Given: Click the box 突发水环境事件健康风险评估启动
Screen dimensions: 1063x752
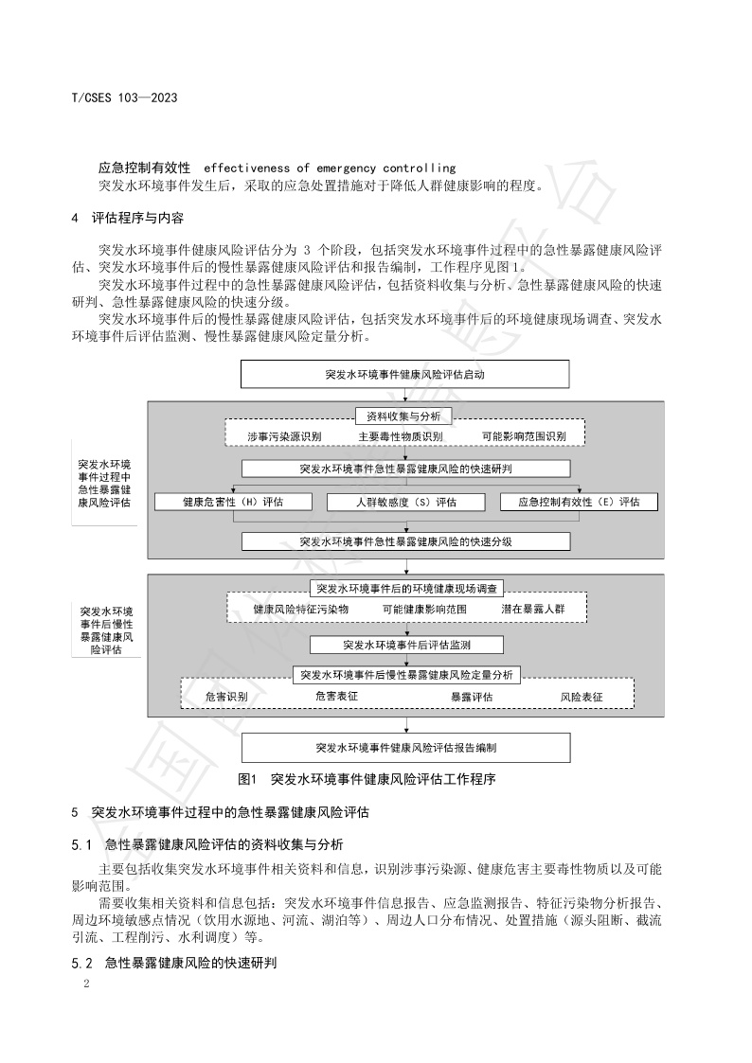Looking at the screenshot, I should [405, 375].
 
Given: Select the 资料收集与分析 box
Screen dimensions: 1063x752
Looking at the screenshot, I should [404, 416].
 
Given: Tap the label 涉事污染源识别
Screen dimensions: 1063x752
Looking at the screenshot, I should [284, 436].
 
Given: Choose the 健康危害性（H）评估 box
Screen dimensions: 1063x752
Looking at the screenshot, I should [232, 502].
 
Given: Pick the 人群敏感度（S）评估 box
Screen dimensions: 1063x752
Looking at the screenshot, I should [405, 502].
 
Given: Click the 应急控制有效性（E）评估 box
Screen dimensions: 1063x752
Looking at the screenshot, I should [579, 502].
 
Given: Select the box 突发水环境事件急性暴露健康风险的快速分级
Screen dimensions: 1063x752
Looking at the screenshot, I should [405, 541].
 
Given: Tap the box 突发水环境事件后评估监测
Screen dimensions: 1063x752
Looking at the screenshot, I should [405, 645].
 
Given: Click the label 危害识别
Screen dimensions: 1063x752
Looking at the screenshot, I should [226, 697].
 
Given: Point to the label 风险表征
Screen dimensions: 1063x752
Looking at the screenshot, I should [582, 697].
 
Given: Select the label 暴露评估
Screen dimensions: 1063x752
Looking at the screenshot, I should [471, 697].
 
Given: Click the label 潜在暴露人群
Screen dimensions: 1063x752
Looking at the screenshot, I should [532, 609].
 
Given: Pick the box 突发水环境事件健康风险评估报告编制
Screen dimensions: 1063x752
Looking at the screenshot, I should [405, 747].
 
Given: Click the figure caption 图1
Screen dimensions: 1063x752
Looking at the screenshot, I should [249, 780].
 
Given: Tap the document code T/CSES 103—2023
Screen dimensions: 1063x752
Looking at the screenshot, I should [125, 98].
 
